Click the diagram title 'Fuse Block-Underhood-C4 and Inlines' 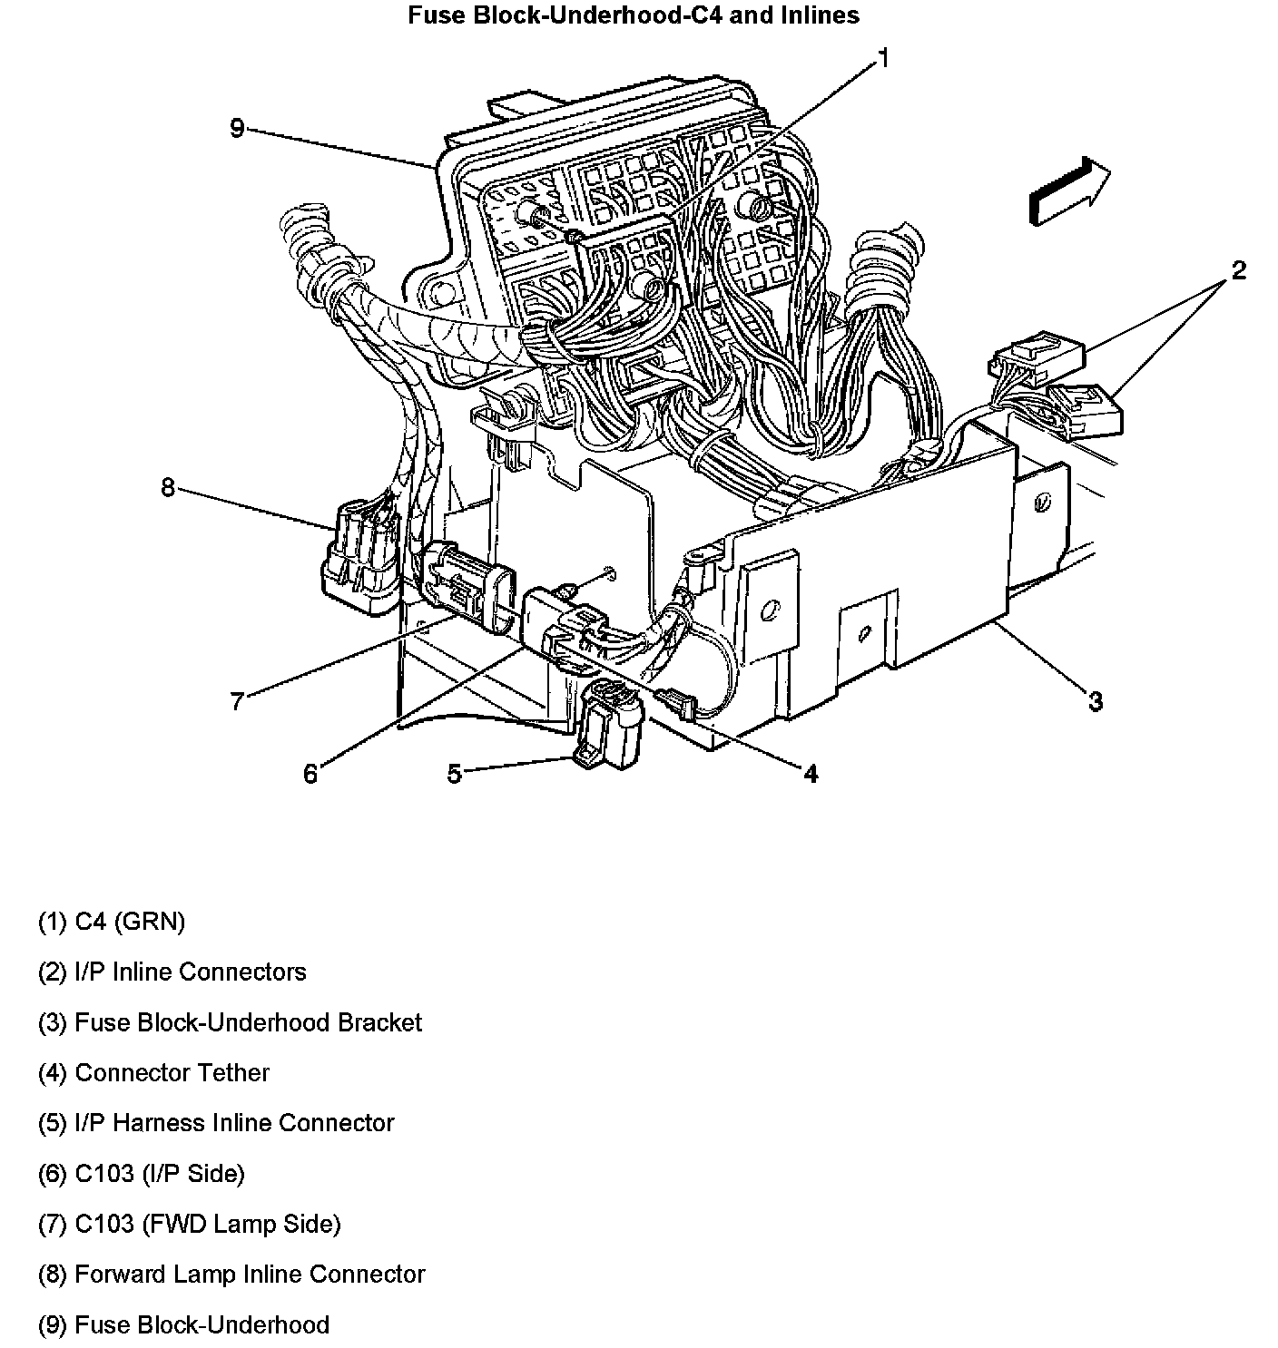pos(633,15)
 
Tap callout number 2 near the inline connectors pos(1238,270)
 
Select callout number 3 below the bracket pos(1096,701)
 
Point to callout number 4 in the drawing pos(811,773)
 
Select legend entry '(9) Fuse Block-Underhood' pos(183,1325)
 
